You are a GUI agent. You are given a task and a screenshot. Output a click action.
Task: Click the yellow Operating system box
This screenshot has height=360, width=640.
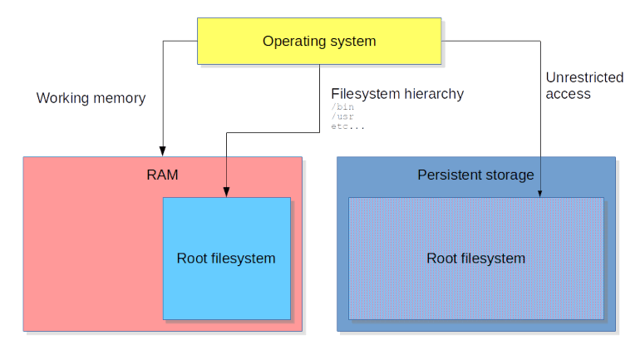point(319,42)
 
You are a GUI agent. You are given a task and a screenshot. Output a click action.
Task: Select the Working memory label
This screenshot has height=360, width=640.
point(91,98)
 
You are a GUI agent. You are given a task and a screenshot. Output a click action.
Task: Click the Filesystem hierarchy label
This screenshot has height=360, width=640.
point(397,94)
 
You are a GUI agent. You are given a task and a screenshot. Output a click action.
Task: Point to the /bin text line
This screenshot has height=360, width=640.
point(342,106)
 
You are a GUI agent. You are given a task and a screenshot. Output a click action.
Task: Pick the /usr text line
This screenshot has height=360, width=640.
point(342,116)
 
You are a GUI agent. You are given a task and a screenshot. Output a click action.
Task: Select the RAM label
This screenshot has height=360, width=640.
point(162,175)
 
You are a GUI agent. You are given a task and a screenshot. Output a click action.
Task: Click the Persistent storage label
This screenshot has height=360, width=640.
point(475,175)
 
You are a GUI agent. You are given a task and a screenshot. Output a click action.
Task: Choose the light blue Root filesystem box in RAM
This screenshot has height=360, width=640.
point(226,259)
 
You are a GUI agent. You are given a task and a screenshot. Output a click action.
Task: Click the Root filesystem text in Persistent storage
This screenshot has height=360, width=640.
point(475,259)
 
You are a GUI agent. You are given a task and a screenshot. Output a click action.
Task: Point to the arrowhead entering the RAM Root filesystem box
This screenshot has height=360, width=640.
point(226,193)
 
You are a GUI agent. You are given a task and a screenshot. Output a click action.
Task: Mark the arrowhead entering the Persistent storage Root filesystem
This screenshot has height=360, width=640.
point(540,193)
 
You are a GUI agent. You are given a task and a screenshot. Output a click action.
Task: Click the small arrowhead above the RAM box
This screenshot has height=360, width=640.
point(163,151)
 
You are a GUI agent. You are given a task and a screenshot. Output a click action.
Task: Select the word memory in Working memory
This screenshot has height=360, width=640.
point(118,98)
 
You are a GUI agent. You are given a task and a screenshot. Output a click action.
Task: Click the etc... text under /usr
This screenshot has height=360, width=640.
point(347,126)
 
